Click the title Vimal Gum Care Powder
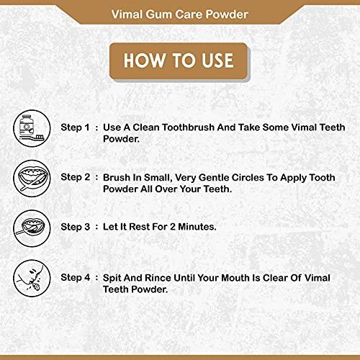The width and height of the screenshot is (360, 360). click(x=179, y=12)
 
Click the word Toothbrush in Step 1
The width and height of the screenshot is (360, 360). click(x=190, y=127)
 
